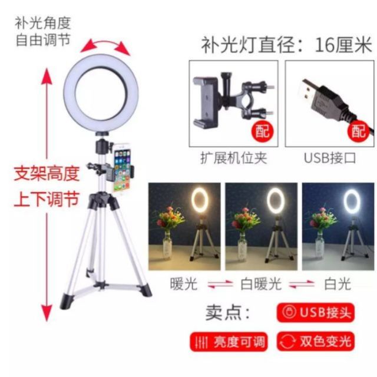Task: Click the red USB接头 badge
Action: (316, 312)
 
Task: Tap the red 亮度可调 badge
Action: (229, 342)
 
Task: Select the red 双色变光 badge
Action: (316, 342)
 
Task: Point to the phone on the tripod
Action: (123, 167)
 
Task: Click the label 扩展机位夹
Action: (234, 158)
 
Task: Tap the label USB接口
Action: (330, 158)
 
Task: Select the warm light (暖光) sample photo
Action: (184, 226)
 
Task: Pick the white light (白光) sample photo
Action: (338, 226)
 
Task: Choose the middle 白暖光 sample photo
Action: (261, 226)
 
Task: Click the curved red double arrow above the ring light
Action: (105, 44)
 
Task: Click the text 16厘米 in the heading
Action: (343, 45)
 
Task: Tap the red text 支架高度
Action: (47, 174)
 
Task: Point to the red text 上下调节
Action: (47, 199)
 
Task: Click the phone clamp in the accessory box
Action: (206, 101)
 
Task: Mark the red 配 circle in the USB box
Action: (359, 131)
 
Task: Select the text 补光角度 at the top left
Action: (43, 23)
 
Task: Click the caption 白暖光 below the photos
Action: (261, 284)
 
